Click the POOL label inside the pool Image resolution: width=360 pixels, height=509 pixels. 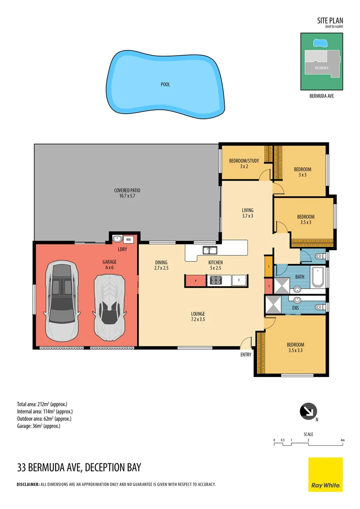(165, 85)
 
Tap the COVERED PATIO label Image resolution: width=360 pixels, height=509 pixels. (127, 193)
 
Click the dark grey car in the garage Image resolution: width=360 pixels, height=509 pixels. (62, 302)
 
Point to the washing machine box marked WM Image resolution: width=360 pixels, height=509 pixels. (128, 239)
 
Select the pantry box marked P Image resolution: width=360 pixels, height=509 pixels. (195, 280)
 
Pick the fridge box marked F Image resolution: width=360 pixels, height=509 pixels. (239, 280)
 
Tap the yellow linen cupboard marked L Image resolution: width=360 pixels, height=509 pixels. (269, 266)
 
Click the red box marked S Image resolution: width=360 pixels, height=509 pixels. (269, 286)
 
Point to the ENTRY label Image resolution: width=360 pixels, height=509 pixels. (246, 355)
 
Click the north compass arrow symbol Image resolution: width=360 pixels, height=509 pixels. (309, 411)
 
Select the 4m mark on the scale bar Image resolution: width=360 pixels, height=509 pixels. (343, 440)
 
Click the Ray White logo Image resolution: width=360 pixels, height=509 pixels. (326, 475)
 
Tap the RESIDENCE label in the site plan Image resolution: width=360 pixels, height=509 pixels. (322, 68)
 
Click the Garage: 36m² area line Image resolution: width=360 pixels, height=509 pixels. (39, 426)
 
